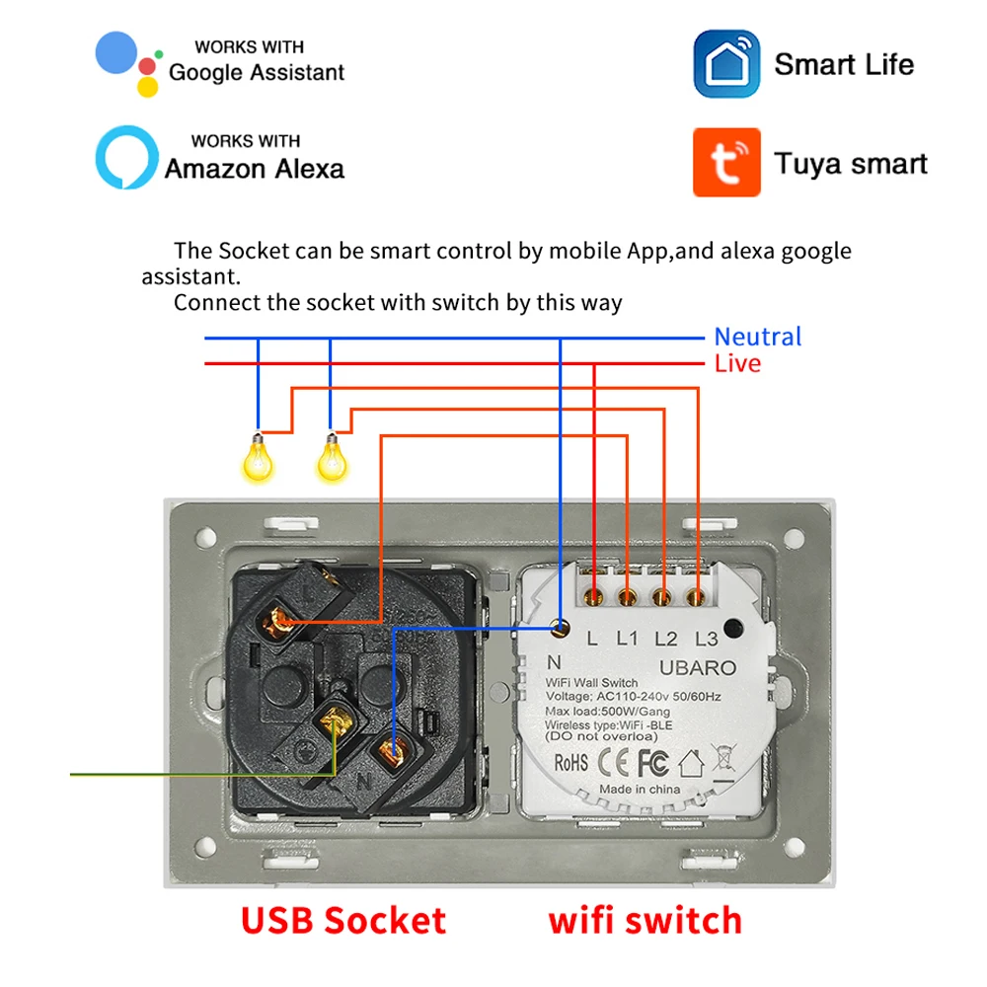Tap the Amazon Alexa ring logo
pos(126,157)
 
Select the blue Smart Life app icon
pos(726,64)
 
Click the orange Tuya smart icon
pos(726,161)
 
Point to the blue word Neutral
pos(758,337)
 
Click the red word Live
pos(737,363)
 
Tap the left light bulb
pos(259,456)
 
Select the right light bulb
pos(332,456)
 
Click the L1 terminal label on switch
pos(628,639)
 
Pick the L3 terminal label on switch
pos(706,639)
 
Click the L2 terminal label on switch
pos(666,639)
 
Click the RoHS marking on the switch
pos(570,762)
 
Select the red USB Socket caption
pos(343,920)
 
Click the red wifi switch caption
pos(645,920)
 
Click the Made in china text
pos(639,790)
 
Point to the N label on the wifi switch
pos(554,662)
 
